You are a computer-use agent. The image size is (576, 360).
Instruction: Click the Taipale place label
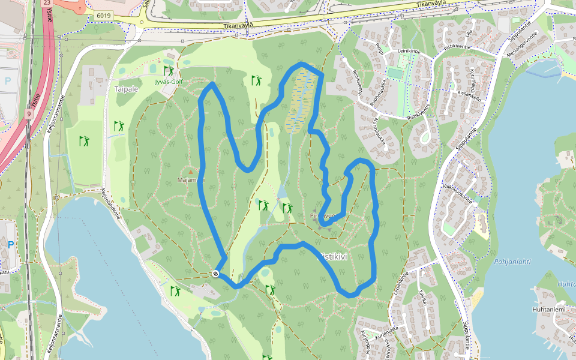[126, 88]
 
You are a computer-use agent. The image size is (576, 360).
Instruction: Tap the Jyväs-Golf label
[168, 82]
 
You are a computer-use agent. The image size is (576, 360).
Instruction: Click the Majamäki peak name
[191, 179]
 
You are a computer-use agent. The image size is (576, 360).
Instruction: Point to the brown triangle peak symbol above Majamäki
[191, 172]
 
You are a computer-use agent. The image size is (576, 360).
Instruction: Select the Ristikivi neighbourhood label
[332, 256]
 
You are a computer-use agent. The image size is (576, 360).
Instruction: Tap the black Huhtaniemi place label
[548, 310]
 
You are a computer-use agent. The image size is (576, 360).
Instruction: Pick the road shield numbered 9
[29, 112]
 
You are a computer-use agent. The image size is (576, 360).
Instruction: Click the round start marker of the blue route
[215, 274]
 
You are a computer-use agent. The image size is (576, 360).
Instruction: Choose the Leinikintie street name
[409, 52]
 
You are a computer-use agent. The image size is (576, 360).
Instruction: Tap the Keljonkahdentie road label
[111, 204]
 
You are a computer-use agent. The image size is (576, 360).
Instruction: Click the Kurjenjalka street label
[387, 329]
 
